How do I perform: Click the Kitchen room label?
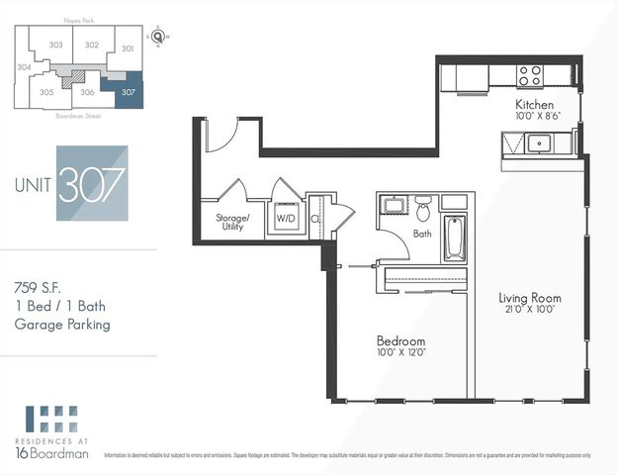coord(534,104)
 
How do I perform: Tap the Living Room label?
coord(529,297)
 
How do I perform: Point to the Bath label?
coord(422,235)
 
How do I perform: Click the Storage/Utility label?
coord(233,222)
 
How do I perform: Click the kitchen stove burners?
coord(530,75)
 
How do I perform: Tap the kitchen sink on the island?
coord(540,144)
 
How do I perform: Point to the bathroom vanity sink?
coord(392,208)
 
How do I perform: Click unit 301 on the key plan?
coord(127,47)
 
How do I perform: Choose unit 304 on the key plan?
coord(24,68)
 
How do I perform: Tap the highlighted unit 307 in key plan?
coord(127,93)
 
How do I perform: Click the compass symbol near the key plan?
coord(158,36)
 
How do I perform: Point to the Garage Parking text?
coord(61,324)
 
